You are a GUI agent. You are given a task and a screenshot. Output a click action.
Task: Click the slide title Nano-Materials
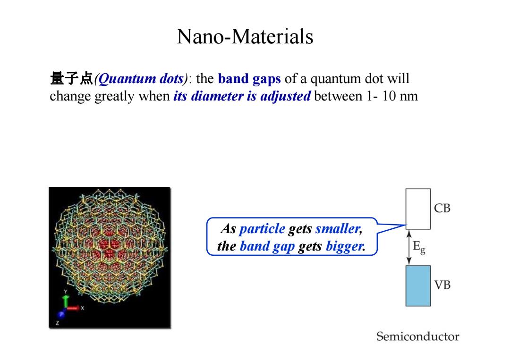[245, 36]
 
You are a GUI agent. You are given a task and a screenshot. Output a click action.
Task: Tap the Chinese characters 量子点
[72, 79]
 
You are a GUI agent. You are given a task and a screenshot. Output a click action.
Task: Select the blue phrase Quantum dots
[141, 79]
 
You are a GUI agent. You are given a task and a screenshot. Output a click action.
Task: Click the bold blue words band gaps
[249, 79]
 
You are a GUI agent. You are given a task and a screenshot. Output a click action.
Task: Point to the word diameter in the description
[217, 96]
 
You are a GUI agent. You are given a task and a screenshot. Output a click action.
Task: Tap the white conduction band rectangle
[418, 209]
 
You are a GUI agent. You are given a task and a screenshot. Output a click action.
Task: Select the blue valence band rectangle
[418, 285]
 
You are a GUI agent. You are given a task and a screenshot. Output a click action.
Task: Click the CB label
[442, 208]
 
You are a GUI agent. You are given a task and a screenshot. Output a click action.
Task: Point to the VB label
[442, 285]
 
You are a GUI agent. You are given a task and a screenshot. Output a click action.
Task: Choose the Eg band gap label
[419, 247]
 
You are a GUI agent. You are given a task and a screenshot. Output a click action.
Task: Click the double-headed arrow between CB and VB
[409, 247]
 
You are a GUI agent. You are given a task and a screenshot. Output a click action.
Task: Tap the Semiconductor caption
[417, 336]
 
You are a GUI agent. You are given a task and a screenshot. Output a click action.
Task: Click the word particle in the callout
[262, 229]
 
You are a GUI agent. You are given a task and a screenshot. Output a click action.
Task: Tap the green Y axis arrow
[66, 301]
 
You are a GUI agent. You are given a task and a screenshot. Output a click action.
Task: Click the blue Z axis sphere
[61, 315]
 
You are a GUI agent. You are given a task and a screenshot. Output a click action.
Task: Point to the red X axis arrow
[74, 307]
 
